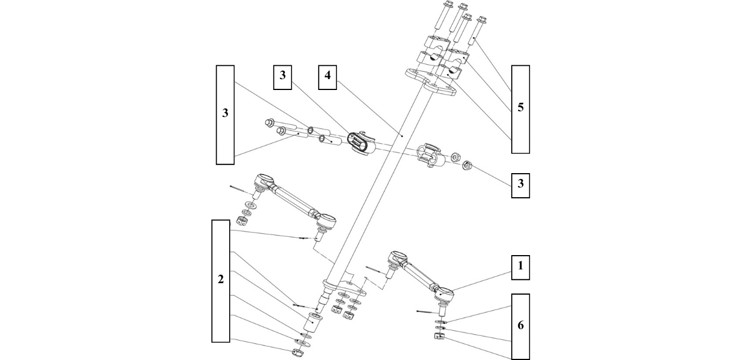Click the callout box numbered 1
520,267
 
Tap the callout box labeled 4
328,77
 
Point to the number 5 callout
520,108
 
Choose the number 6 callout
520,326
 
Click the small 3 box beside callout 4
282,77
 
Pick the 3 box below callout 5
520,184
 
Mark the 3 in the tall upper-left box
225,114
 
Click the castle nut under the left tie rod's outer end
242,220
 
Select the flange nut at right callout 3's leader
466,167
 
